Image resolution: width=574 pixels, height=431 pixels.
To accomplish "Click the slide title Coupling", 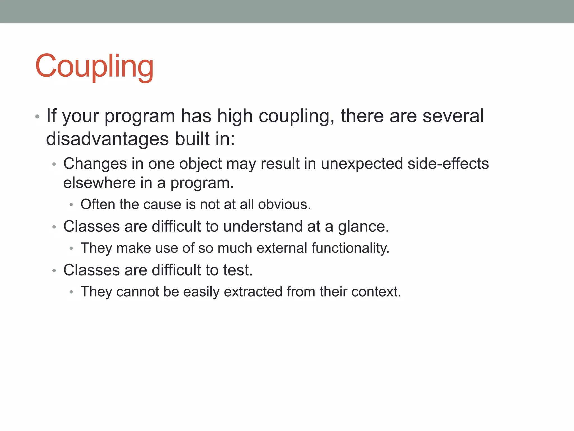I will (x=94, y=66).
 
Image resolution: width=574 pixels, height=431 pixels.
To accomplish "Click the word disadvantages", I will (x=107, y=139).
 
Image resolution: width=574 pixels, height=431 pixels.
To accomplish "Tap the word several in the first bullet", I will (x=453, y=116).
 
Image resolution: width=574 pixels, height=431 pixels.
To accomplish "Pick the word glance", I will (x=363, y=226).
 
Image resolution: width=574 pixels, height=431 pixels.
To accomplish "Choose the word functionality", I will (x=350, y=248).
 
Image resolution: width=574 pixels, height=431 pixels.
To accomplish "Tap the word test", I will (x=238, y=270).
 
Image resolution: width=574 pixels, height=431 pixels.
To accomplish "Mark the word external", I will (x=282, y=248).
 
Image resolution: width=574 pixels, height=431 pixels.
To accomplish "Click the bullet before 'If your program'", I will (x=37, y=116).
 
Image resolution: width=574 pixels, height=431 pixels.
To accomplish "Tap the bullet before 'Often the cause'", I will (x=71, y=205).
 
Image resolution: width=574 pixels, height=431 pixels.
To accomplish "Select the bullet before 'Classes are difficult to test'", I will (x=54, y=270).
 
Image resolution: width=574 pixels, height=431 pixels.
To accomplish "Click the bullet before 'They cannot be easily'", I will (x=71, y=292).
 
